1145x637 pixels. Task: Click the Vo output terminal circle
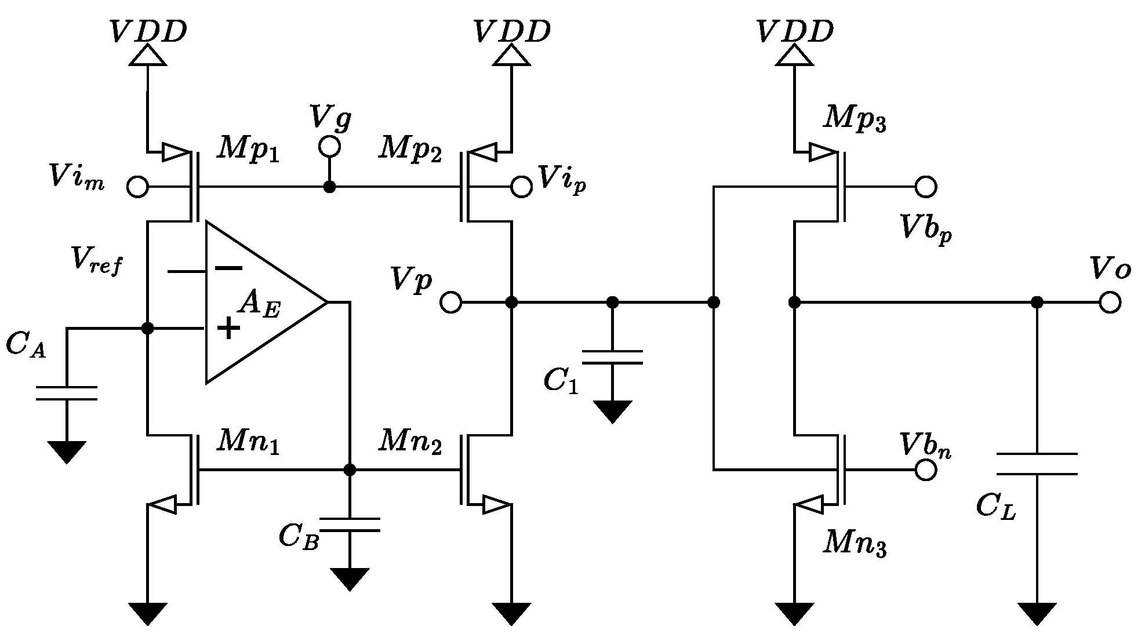[1109, 303]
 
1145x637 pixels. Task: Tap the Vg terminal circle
[329, 147]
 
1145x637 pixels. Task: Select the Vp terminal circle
[450, 303]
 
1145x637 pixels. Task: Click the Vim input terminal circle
[137, 187]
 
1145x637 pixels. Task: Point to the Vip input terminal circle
[521, 187]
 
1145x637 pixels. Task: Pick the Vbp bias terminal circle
[926, 187]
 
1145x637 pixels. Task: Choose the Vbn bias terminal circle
[926, 470]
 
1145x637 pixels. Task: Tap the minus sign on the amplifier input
[228, 268]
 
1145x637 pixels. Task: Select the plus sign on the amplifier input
[228, 328]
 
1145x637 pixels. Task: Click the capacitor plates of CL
[1037, 464]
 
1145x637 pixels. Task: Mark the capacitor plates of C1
[612, 357]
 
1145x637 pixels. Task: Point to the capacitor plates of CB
[350, 525]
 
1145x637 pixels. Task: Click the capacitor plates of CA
[66, 393]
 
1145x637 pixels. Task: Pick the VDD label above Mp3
[795, 32]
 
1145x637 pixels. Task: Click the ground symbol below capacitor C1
[612, 411]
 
